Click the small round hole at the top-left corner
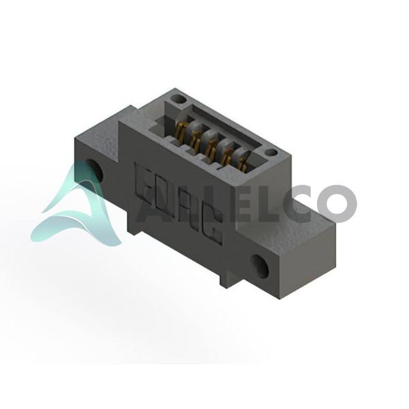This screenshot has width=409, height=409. [x=179, y=100]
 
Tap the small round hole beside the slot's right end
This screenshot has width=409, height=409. [x=271, y=153]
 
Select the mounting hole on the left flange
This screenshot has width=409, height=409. [x=95, y=170]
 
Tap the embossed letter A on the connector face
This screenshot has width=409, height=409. [x=187, y=210]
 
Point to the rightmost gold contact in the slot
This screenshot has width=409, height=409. [x=242, y=165]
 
